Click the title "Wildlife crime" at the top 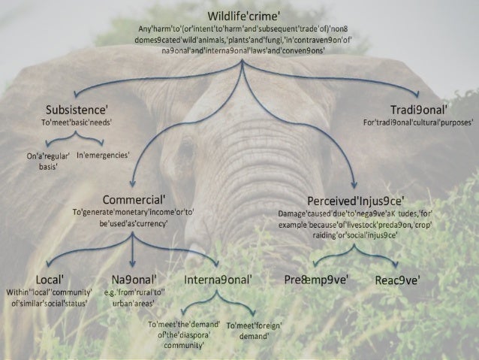(239, 14)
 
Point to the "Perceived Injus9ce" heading (357, 201)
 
